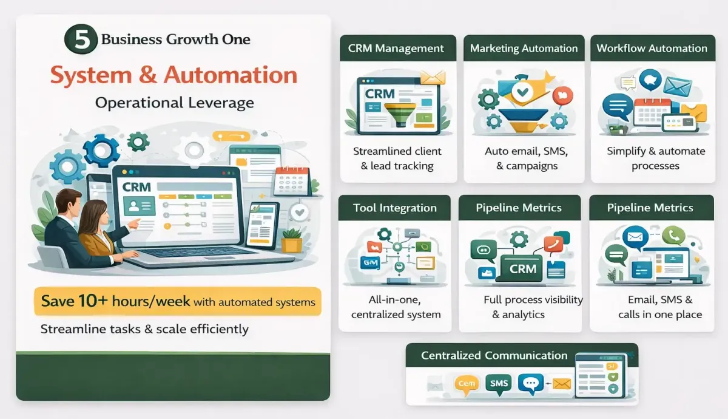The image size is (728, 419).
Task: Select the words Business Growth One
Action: point(175,40)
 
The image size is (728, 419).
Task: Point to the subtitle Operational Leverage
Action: point(174,103)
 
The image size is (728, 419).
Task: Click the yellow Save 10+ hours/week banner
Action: point(177,301)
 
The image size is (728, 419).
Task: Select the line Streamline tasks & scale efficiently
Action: point(144,329)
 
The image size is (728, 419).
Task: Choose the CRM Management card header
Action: point(396,49)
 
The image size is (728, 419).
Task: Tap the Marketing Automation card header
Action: point(524,49)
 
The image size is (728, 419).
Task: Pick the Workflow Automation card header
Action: point(652,49)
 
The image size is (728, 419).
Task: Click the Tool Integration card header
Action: point(394,208)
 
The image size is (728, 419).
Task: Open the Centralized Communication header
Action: point(494,356)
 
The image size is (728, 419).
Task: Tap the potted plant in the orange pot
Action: point(292,240)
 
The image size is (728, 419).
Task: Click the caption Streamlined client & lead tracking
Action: point(397,158)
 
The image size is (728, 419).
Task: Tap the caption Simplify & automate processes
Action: point(656,158)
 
